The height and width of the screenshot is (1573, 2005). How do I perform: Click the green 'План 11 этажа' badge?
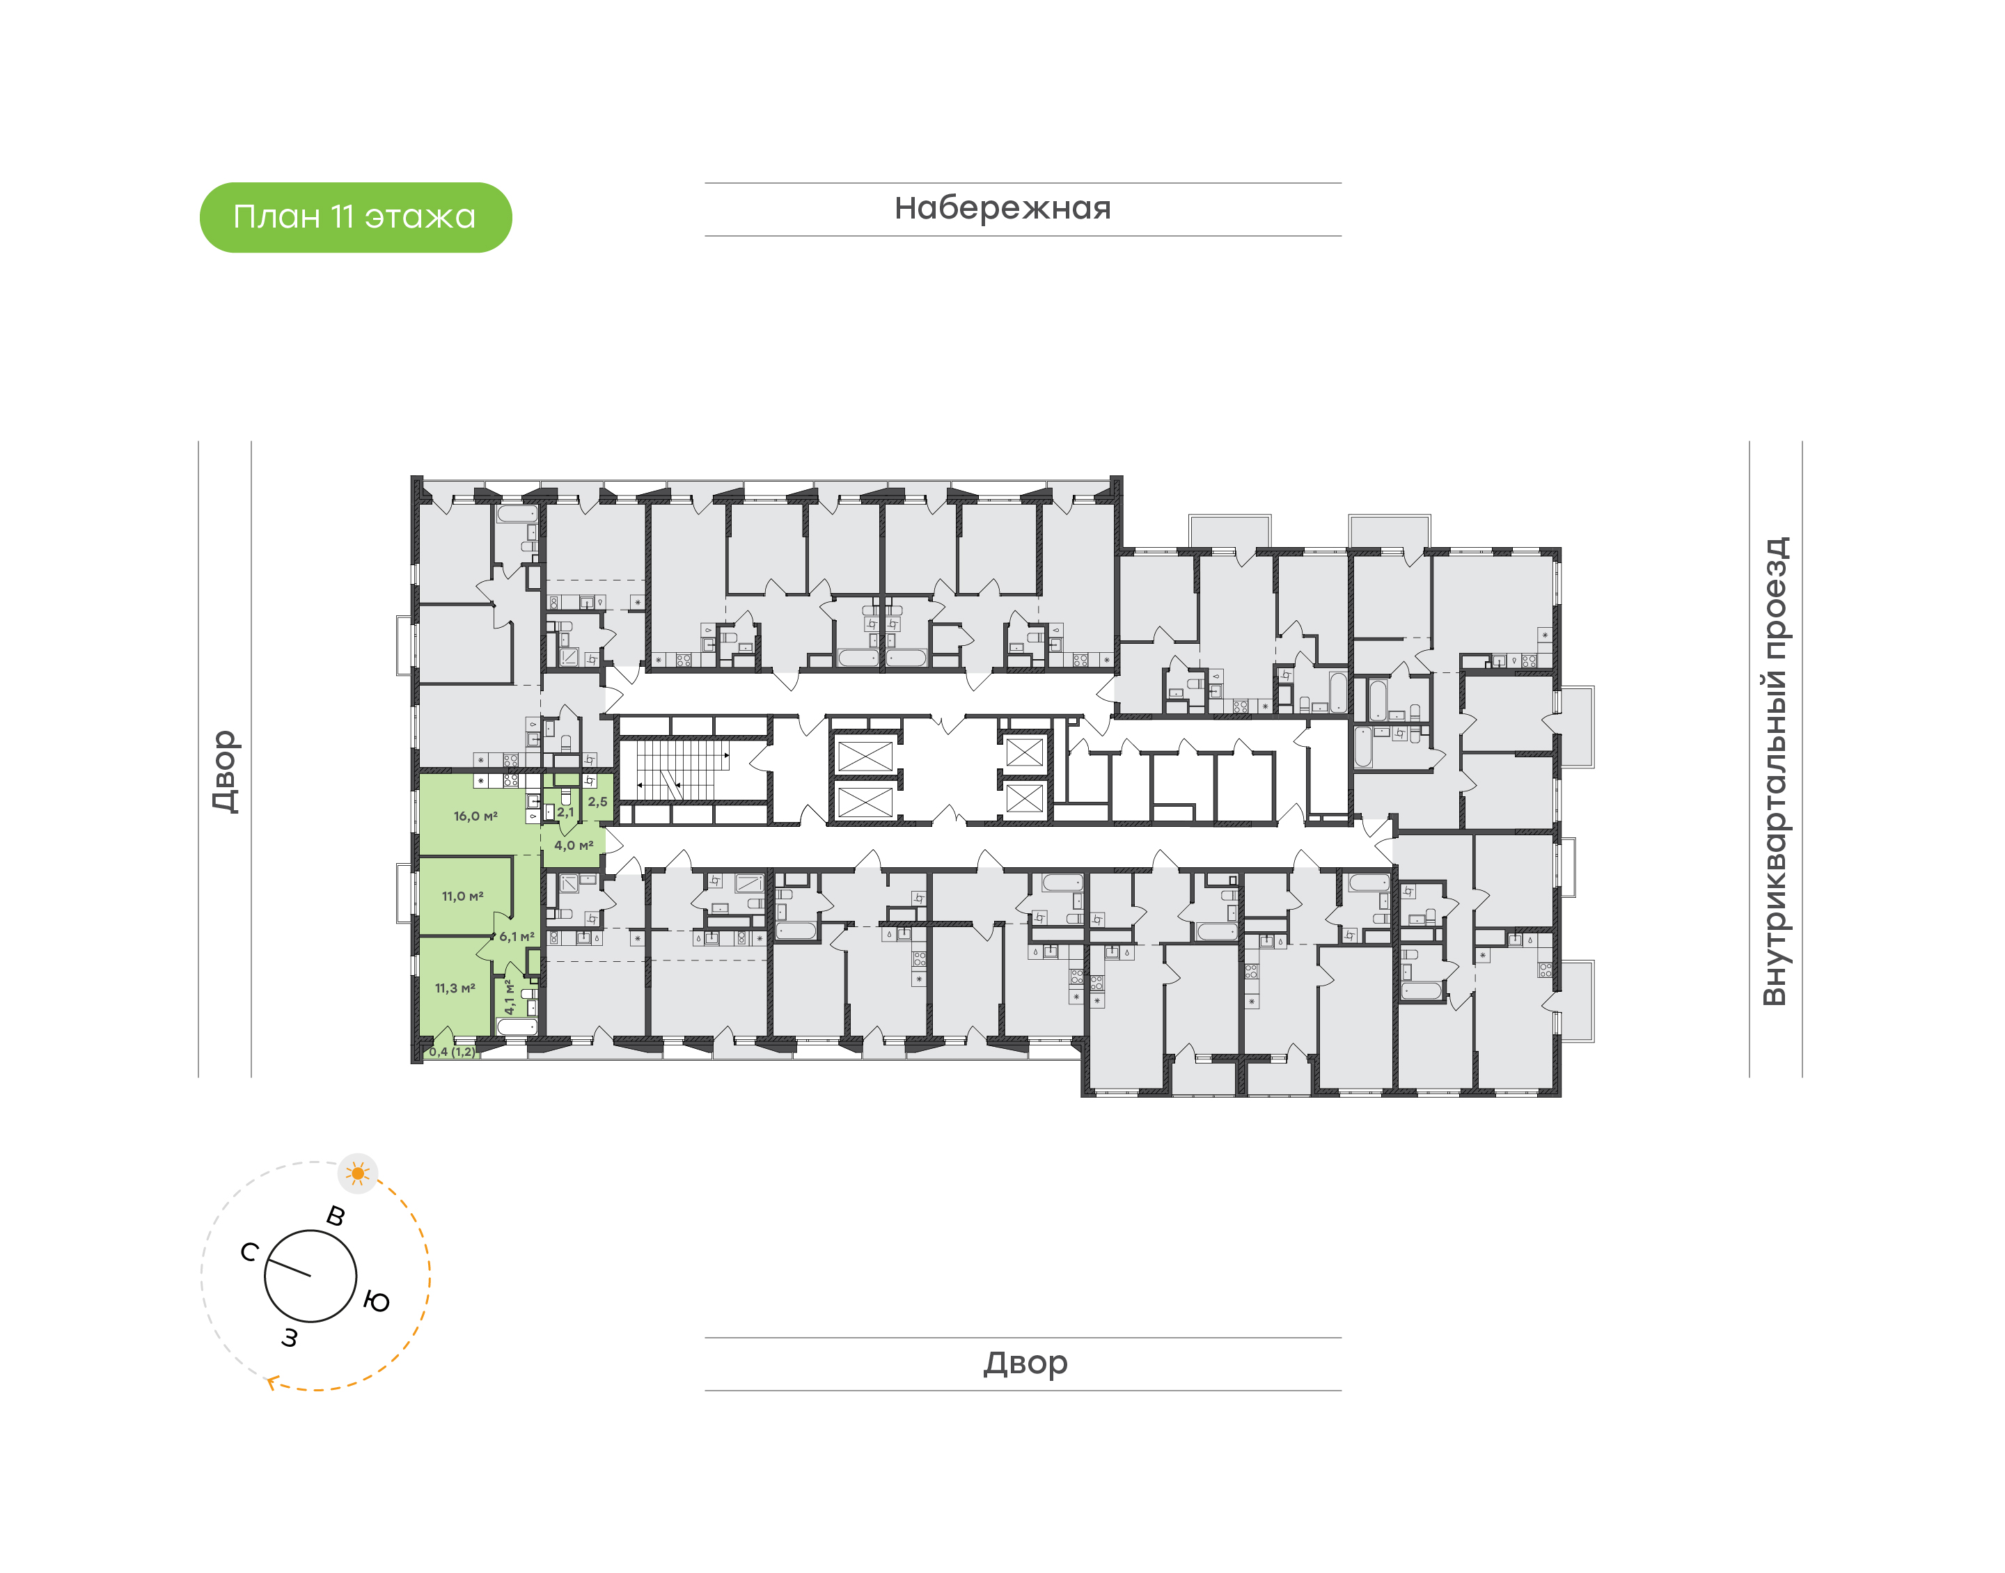coord(356,217)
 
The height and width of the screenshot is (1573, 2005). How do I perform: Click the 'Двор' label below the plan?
coord(1024,1362)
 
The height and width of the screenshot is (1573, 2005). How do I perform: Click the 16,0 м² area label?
coord(475,816)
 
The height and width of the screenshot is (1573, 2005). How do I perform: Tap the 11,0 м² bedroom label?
coord(462,896)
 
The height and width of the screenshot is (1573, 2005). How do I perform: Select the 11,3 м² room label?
coord(455,988)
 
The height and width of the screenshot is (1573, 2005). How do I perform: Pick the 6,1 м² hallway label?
coord(517,937)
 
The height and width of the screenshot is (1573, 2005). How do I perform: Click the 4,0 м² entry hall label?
coord(573,846)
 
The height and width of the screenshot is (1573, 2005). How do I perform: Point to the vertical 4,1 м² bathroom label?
coord(508,997)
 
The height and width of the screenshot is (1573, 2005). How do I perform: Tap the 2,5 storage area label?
coord(598,802)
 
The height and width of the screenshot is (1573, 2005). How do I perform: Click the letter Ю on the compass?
coord(377,1302)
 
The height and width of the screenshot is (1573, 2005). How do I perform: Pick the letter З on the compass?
coord(290,1337)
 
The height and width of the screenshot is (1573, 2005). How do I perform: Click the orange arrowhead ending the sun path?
coord(272,1382)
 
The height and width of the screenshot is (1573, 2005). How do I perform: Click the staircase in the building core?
coord(675,770)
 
